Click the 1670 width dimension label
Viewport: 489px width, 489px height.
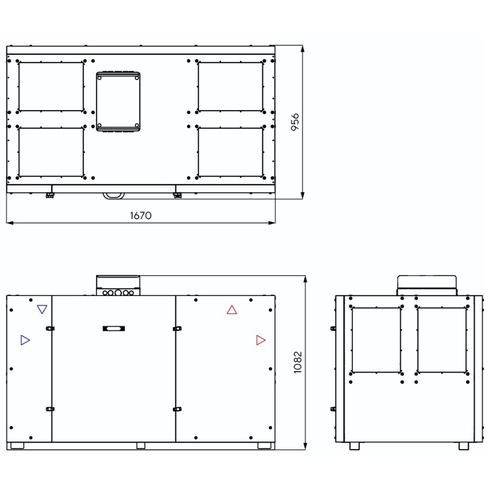tap(141, 216)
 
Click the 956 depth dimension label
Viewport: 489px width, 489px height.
tap(295, 122)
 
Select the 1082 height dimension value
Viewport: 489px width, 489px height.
tap(298, 362)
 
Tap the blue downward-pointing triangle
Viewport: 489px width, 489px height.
tap(42, 309)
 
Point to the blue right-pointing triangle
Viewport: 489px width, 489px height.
tap(25, 340)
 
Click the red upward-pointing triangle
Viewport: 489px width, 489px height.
tap(232, 310)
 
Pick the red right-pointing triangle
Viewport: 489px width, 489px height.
tap(261, 340)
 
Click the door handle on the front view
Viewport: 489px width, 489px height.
tap(114, 329)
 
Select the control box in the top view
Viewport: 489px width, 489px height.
tap(118, 101)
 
